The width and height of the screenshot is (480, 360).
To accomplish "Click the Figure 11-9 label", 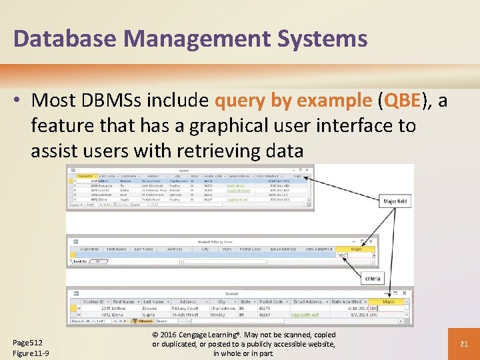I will click(x=31, y=353).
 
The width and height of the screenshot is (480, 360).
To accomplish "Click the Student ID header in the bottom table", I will click(x=92, y=301).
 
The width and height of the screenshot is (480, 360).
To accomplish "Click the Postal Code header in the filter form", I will click(x=251, y=249).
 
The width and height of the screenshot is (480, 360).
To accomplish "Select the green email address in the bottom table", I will click(x=306, y=315).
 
